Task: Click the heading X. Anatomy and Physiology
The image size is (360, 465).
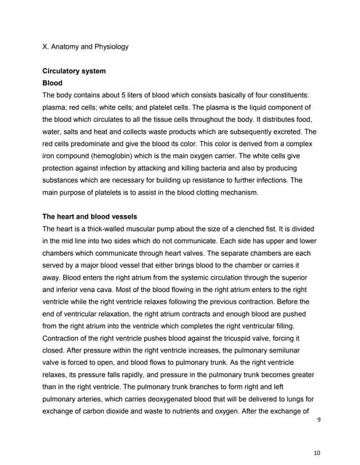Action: tap(85, 47)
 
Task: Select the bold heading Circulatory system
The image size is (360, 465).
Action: tap(74, 71)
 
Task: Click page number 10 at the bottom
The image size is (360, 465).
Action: tap(316, 453)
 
